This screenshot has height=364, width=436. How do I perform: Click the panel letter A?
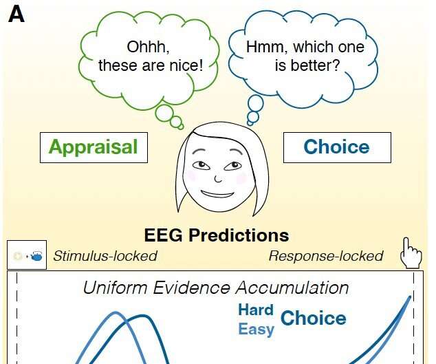coord(17,14)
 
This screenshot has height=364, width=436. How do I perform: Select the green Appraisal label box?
coord(94,147)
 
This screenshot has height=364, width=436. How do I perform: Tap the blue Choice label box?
coord(337,147)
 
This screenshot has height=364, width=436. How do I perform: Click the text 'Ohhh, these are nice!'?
coord(151,56)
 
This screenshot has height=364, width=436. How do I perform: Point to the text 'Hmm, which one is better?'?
coord(305,56)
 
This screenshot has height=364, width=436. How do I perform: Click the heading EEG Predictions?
coord(217,235)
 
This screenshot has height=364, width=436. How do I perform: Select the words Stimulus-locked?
coord(105,256)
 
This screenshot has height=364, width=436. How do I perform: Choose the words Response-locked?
coord(326,256)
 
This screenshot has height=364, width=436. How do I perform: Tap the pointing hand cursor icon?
coord(411,253)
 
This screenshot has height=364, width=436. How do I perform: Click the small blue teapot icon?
coord(36,256)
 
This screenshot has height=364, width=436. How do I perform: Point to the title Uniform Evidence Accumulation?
coord(216,288)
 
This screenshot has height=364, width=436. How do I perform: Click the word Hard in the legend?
coord(256,310)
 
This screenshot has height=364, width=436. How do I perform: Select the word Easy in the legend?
coord(256,329)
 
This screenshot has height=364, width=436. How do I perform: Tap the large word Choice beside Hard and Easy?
coord(314,318)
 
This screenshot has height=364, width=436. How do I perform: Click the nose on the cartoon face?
coord(218,179)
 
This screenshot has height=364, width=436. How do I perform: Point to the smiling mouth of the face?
coord(217,194)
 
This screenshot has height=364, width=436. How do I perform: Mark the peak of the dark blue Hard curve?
coord(143,316)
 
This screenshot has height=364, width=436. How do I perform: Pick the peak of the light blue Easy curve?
coord(115,312)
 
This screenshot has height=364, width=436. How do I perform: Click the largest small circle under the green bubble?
coord(164,114)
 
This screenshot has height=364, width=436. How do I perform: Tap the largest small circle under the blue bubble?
coord(256,103)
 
